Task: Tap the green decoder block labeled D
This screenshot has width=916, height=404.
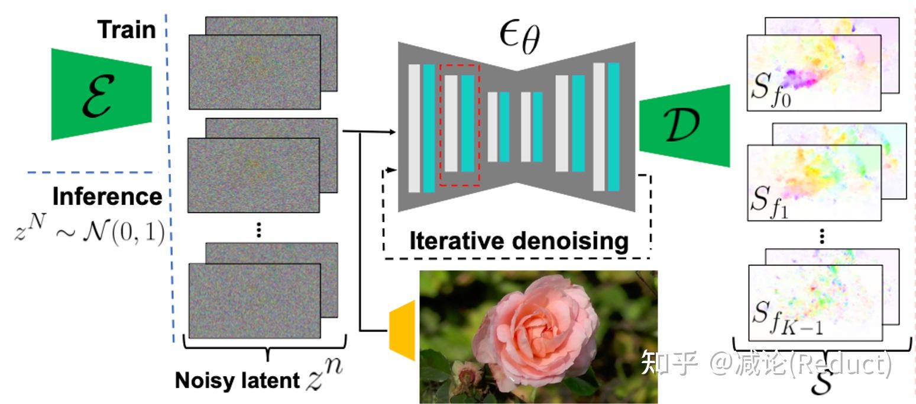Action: pos(685,126)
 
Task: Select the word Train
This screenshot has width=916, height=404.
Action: pos(126,29)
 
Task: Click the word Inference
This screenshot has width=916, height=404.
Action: pos(107,196)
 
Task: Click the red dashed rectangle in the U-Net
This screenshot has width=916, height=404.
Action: pos(459,123)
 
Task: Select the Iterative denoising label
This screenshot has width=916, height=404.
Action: pos(518,241)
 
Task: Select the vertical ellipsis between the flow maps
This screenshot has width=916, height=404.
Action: pos(823,236)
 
